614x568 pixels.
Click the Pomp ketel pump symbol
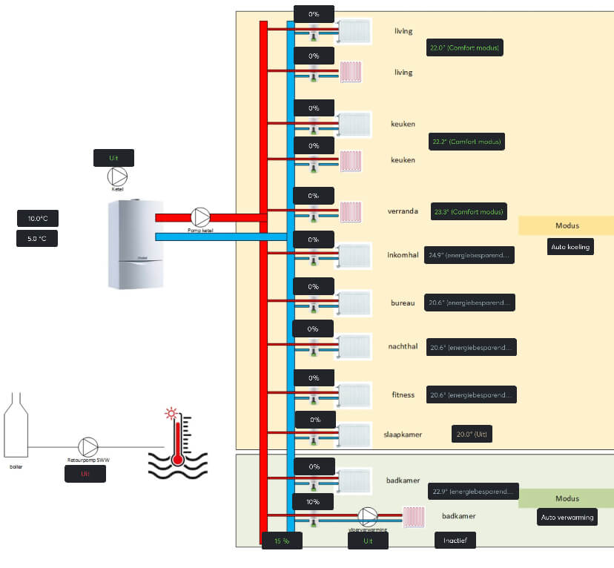(x=200, y=217)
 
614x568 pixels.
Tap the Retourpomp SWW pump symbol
(x=88, y=446)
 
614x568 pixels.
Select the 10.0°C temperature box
(x=38, y=218)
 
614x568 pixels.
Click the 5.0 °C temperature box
(x=38, y=239)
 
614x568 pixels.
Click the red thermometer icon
(x=176, y=439)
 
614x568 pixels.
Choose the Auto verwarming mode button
(x=567, y=517)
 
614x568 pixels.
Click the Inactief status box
(x=455, y=541)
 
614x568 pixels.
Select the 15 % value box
(x=282, y=541)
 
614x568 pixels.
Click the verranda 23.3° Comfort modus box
(x=469, y=211)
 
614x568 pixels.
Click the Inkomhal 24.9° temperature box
(x=469, y=255)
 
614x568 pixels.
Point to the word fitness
(x=403, y=394)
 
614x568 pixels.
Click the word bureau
(x=403, y=303)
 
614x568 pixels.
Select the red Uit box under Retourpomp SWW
(x=85, y=473)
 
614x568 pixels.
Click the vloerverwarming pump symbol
(x=368, y=516)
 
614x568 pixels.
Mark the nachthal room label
(x=403, y=346)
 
